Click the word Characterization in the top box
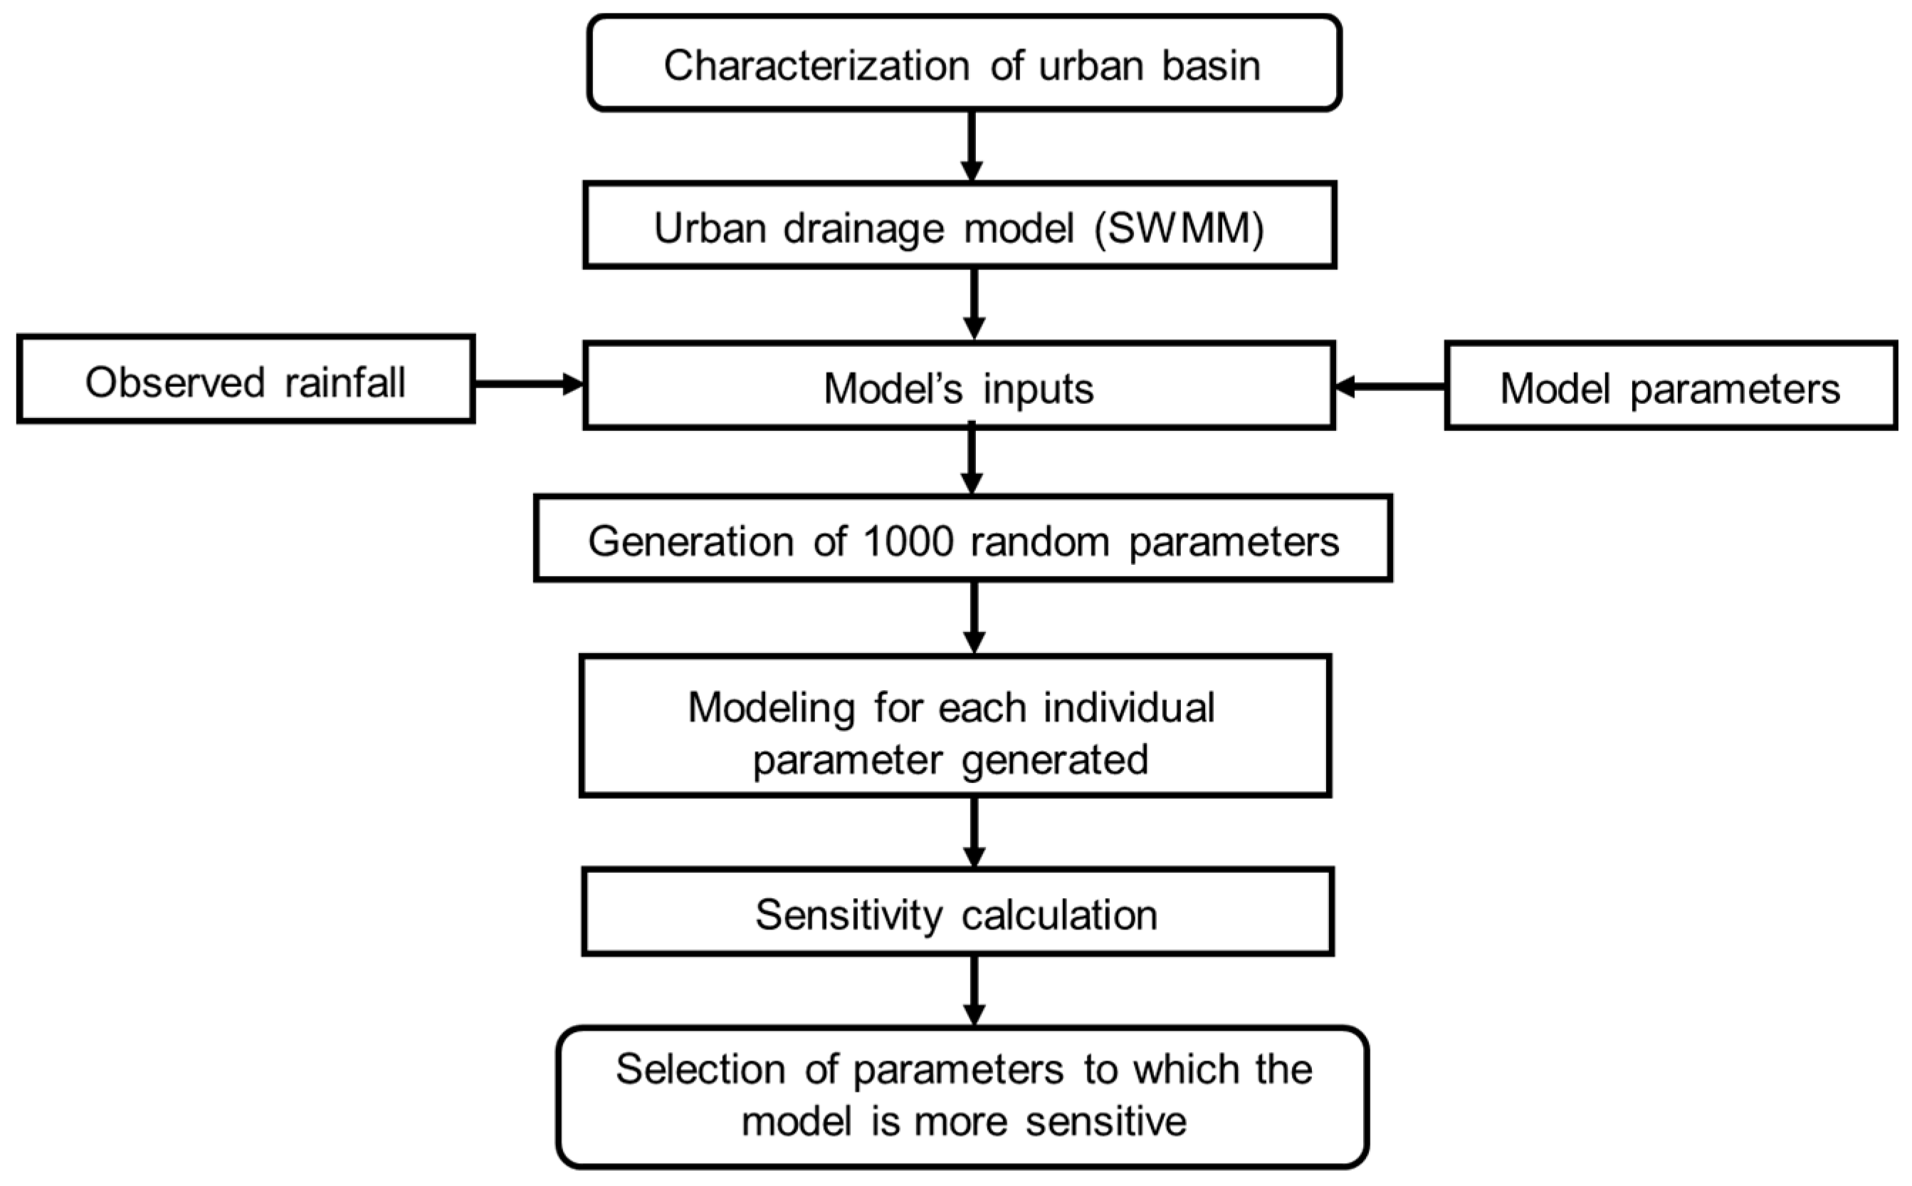pyautogui.click(x=816, y=66)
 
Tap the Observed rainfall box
pyautogui.click(x=246, y=380)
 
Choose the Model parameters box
pyautogui.click(x=1670, y=386)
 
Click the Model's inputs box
pyautogui.click(x=958, y=386)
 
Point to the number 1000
pyautogui.click(x=908, y=542)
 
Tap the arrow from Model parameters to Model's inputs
pyautogui.click(x=1389, y=387)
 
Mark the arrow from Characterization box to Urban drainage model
pyautogui.click(x=971, y=147)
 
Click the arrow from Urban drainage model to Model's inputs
pyautogui.click(x=974, y=304)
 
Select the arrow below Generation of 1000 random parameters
pyautogui.click(x=974, y=618)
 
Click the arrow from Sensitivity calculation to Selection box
pyautogui.click(x=974, y=991)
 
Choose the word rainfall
pyautogui.click(x=345, y=383)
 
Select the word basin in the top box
pyautogui.click(x=1210, y=66)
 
